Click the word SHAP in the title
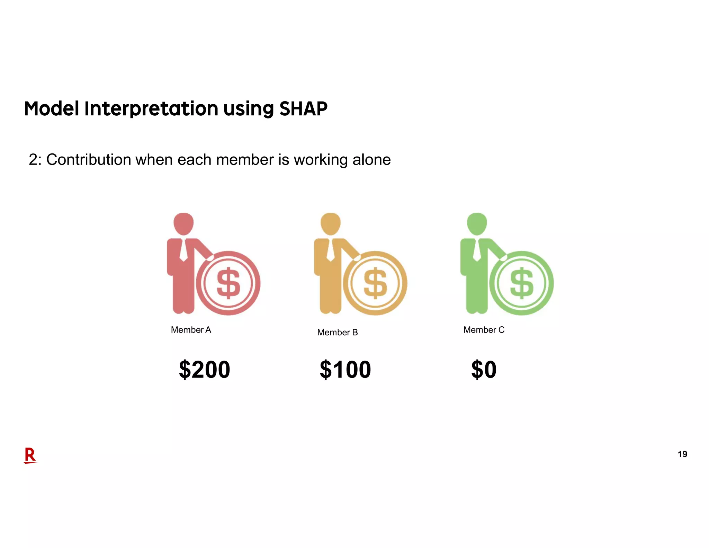click(303, 109)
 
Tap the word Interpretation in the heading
click(151, 109)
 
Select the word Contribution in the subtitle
click(89, 160)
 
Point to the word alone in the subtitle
click(371, 160)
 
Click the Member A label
click(191, 330)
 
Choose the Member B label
click(337, 333)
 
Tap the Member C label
click(484, 330)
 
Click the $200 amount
click(204, 370)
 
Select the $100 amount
click(345, 370)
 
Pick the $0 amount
click(484, 370)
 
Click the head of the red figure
click(183, 223)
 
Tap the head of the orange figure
click(331, 223)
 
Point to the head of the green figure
click(477, 223)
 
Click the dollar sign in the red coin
click(228, 283)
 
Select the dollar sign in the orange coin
click(375, 283)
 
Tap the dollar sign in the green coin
click(522, 283)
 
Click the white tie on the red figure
click(183, 250)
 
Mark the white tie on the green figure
click(477, 250)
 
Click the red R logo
click(30, 455)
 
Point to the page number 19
click(682, 454)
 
